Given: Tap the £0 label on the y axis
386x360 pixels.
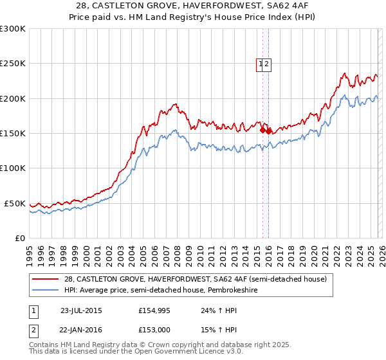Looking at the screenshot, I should tap(19, 238).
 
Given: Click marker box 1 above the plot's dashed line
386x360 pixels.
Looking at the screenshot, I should tap(261, 64).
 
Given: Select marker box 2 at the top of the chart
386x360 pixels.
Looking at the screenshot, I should tap(267, 64).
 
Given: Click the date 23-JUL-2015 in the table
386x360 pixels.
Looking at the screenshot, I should tap(81, 310).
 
